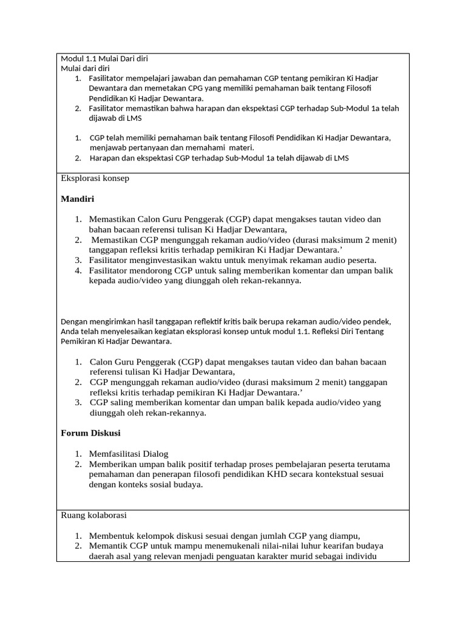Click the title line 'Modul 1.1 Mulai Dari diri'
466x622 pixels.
[104, 59]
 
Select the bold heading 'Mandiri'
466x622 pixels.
[78, 199]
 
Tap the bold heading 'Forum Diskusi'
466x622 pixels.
[91, 433]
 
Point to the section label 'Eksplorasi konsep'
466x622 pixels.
[95, 179]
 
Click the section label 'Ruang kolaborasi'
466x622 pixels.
[94, 515]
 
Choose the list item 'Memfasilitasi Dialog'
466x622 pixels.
[129, 454]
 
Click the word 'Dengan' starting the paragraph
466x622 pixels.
[74, 321]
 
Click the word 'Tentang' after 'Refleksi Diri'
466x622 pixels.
[371, 332]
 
